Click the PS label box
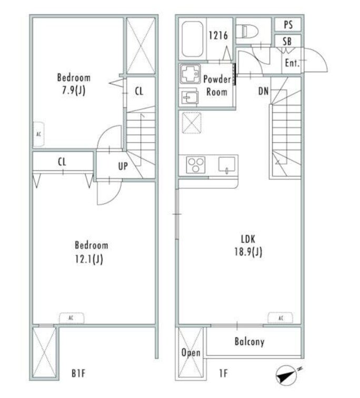click(x=288, y=25)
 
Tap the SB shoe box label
click(x=287, y=41)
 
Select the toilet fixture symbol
click(x=247, y=32)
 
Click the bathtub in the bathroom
click(x=193, y=39)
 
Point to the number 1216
click(x=218, y=36)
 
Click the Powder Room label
click(x=217, y=85)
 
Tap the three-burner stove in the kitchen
click(x=195, y=165)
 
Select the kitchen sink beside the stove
click(x=227, y=164)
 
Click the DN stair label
click(x=263, y=91)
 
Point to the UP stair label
click(x=123, y=166)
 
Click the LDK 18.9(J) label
click(x=248, y=245)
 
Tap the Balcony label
click(x=249, y=342)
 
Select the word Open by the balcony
click(x=191, y=353)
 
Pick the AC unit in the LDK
click(x=281, y=318)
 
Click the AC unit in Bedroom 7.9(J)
click(x=39, y=134)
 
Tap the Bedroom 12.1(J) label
click(x=92, y=252)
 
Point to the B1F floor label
click(x=78, y=373)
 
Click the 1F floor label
click(x=224, y=373)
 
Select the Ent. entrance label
click(x=292, y=63)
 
